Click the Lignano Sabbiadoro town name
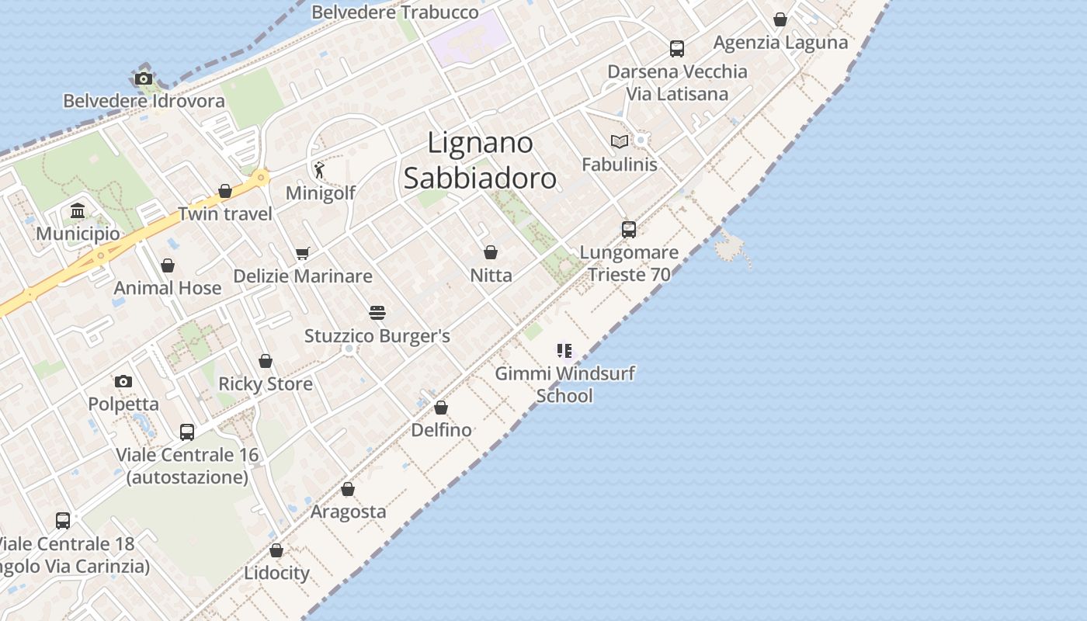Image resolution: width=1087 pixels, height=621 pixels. (x=480, y=161)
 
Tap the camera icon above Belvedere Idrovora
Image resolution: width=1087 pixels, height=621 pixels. (x=144, y=78)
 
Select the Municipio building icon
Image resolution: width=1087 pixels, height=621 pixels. (x=78, y=211)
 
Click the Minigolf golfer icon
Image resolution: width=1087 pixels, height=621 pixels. (x=319, y=169)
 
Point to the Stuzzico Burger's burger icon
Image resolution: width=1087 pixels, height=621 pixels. (x=377, y=313)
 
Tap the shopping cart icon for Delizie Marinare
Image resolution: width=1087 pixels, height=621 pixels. (x=303, y=253)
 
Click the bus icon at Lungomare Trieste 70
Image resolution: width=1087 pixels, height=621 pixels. (x=628, y=230)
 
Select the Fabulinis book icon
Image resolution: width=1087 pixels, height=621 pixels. (x=619, y=141)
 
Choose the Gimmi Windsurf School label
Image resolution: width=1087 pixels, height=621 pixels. (x=564, y=384)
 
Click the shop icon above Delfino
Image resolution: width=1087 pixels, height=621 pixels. (x=441, y=408)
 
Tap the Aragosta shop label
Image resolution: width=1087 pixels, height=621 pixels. (x=348, y=512)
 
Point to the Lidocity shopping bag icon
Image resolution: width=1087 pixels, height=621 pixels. (x=276, y=550)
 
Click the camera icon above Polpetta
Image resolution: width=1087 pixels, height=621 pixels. (x=123, y=381)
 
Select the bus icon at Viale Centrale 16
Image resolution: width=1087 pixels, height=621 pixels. (x=187, y=432)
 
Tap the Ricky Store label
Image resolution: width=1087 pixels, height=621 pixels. (x=266, y=383)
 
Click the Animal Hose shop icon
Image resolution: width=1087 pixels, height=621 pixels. (x=168, y=265)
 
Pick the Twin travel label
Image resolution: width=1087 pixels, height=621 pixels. (x=225, y=213)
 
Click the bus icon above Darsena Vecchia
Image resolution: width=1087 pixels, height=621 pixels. (x=677, y=49)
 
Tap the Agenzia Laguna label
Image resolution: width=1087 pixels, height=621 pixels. (x=780, y=42)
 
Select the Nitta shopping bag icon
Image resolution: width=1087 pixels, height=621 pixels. (x=491, y=252)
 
